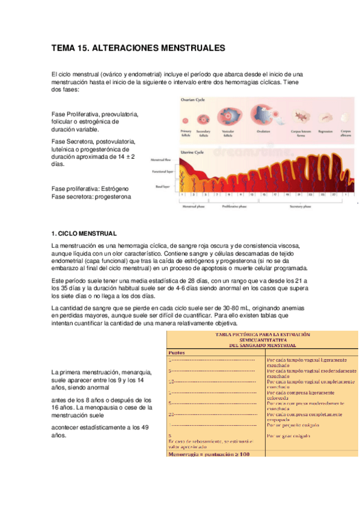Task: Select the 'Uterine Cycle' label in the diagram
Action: tap(191, 153)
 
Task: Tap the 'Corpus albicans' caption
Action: tap(346, 133)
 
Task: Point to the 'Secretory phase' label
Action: tap(299, 206)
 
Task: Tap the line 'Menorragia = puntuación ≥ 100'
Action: tap(208, 453)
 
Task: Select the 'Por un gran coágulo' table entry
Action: tap(291, 434)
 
